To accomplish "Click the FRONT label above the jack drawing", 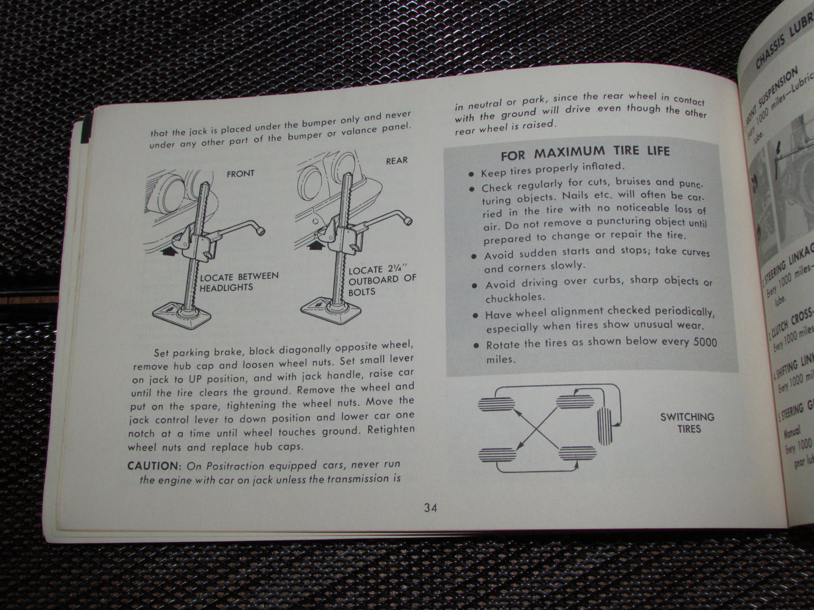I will pos(241,173).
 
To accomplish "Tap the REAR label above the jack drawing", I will pos(397,161).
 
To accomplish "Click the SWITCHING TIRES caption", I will pos(687,423).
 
